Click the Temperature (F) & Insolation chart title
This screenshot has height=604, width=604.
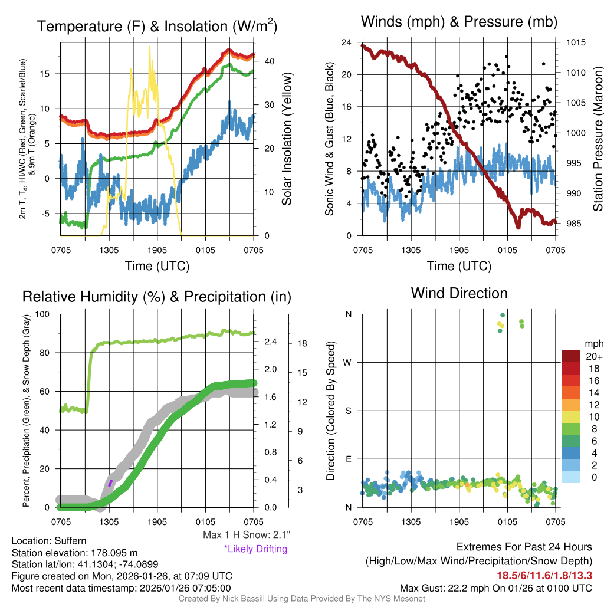157,26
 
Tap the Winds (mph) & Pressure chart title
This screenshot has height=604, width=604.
459,22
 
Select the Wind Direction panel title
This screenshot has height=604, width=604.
459,293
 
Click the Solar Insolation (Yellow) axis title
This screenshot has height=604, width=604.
287,139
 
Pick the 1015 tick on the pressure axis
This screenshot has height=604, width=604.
575,42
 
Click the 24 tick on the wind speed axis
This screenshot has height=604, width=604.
347,42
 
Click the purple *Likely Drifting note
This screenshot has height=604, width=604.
255,549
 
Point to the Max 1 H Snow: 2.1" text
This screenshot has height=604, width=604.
247,535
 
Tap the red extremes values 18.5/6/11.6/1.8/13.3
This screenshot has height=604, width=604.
544,575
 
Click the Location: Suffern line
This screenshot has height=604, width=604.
49,541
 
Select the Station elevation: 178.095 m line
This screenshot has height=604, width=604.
74,553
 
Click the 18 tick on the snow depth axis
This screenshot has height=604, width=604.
301,343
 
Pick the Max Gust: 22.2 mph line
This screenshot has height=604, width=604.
495,587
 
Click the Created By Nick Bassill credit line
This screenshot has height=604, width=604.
301,599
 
